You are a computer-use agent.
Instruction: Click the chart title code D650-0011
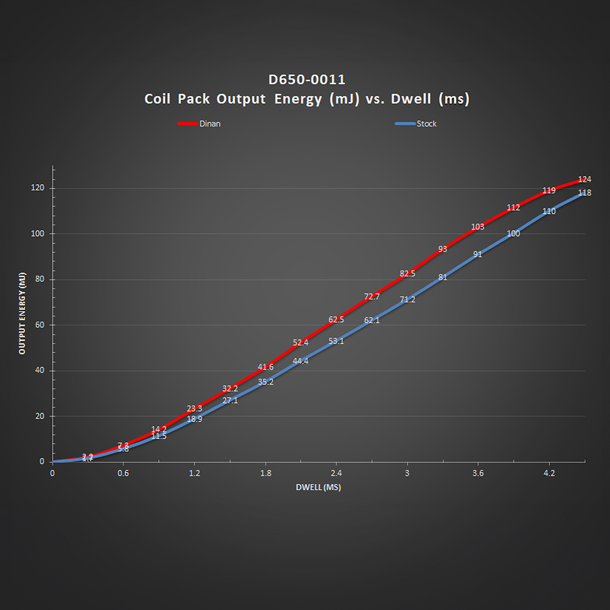[x=307, y=79]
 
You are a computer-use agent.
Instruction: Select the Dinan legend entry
[x=209, y=124]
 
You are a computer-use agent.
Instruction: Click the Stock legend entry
[x=426, y=124]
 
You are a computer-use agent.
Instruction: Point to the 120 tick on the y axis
[x=38, y=188]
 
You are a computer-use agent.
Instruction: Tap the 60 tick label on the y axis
[x=40, y=325]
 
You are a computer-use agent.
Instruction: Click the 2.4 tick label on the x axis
[x=336, y=473]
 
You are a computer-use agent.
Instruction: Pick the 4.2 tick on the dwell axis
[x=549, y=473]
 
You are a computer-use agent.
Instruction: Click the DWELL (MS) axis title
[x=318, y=487]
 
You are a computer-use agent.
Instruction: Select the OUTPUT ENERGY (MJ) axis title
[x=22, y=313]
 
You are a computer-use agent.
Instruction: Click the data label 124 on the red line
[x=584, y=179]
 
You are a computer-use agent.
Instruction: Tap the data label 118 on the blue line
[x=584, y=193]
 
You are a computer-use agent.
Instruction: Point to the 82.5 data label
[x=407, y=274]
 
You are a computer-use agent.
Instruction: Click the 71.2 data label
[x=407, y=300]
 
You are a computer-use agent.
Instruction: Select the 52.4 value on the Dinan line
[x=301, y=343]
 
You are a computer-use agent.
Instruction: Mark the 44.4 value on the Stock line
[x=301, y=361]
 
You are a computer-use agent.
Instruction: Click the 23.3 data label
[x=194, y=408]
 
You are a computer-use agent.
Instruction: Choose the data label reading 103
[x=477, y=227]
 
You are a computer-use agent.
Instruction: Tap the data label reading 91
[x=477, y=255]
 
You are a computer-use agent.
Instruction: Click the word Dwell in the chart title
[x=411, y=99]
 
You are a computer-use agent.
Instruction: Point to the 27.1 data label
[x=230, y=401]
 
